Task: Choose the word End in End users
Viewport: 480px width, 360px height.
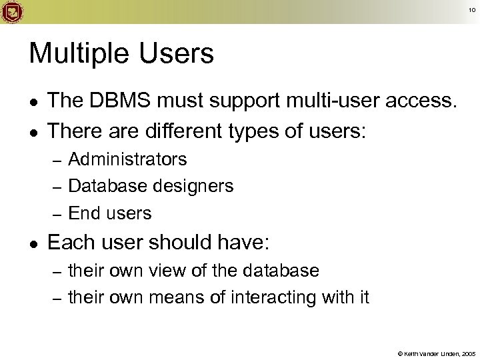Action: coord(84,213)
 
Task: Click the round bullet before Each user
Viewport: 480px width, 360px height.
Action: coord(35,245)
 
